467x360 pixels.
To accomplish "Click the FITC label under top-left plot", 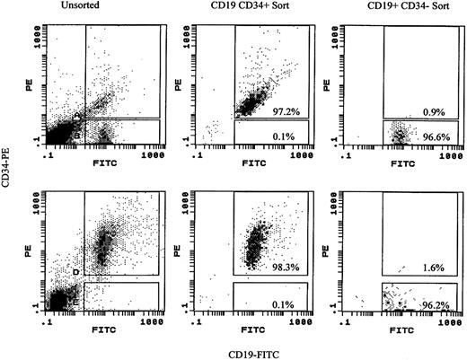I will [105, 164].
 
